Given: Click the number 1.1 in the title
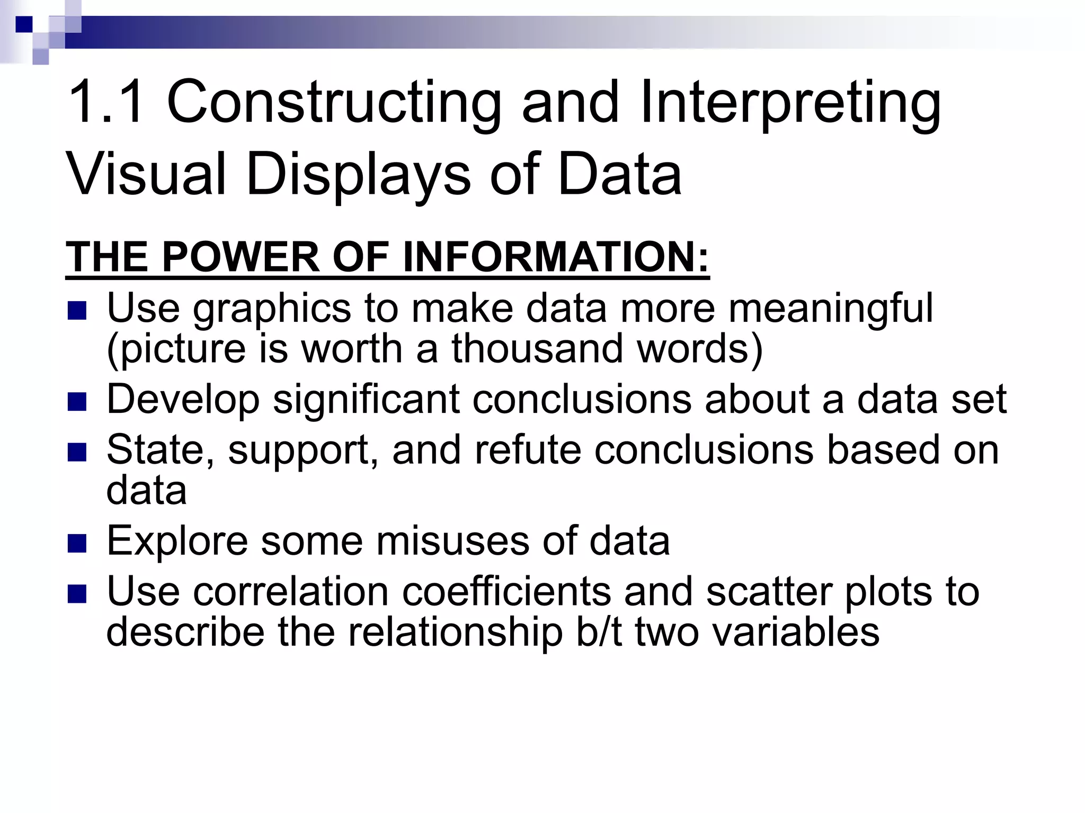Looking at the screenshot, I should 105,102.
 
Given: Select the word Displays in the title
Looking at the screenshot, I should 358,175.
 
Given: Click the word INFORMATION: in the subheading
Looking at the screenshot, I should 556,257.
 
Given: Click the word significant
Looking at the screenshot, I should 366,400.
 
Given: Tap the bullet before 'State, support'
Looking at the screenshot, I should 77,453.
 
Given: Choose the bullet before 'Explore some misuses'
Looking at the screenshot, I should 77,543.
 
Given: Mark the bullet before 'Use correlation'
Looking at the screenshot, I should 77,594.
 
